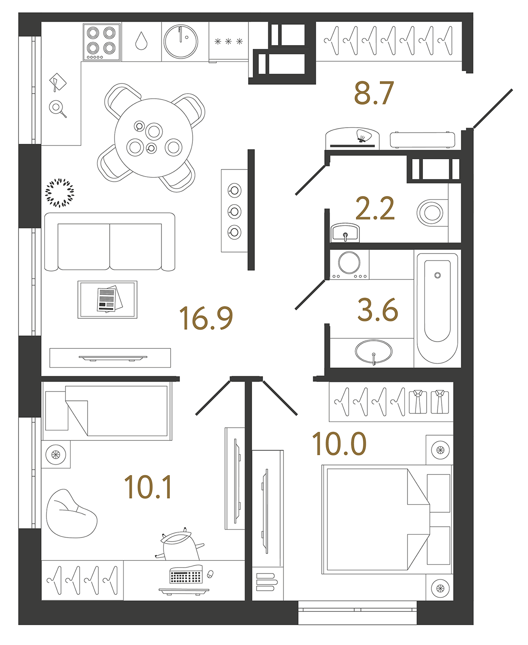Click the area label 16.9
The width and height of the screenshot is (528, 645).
pos(206,318)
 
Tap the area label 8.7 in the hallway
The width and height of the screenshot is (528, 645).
pos(374,94)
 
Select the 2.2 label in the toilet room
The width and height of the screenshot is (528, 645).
pos(375,209)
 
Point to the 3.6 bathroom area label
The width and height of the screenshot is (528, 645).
pos(378,310)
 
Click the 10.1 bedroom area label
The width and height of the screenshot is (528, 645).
pos(148,487)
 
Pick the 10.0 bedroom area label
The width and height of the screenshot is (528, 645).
pos(339,444)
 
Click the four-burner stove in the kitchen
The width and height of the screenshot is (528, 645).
pos(101,42)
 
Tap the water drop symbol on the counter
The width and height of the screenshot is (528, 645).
pos(141,41)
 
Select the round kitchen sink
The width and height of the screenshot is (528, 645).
pos(181,42)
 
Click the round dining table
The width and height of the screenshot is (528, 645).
pos(154,138)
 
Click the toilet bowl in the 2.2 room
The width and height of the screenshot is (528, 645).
pos(431,212)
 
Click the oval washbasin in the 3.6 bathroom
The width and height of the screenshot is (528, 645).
pos(373,351)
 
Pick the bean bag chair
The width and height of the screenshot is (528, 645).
pos(70,514)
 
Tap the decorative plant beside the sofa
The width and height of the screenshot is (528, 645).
pos(60,193)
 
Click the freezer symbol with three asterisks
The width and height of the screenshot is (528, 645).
pos(229,41)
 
